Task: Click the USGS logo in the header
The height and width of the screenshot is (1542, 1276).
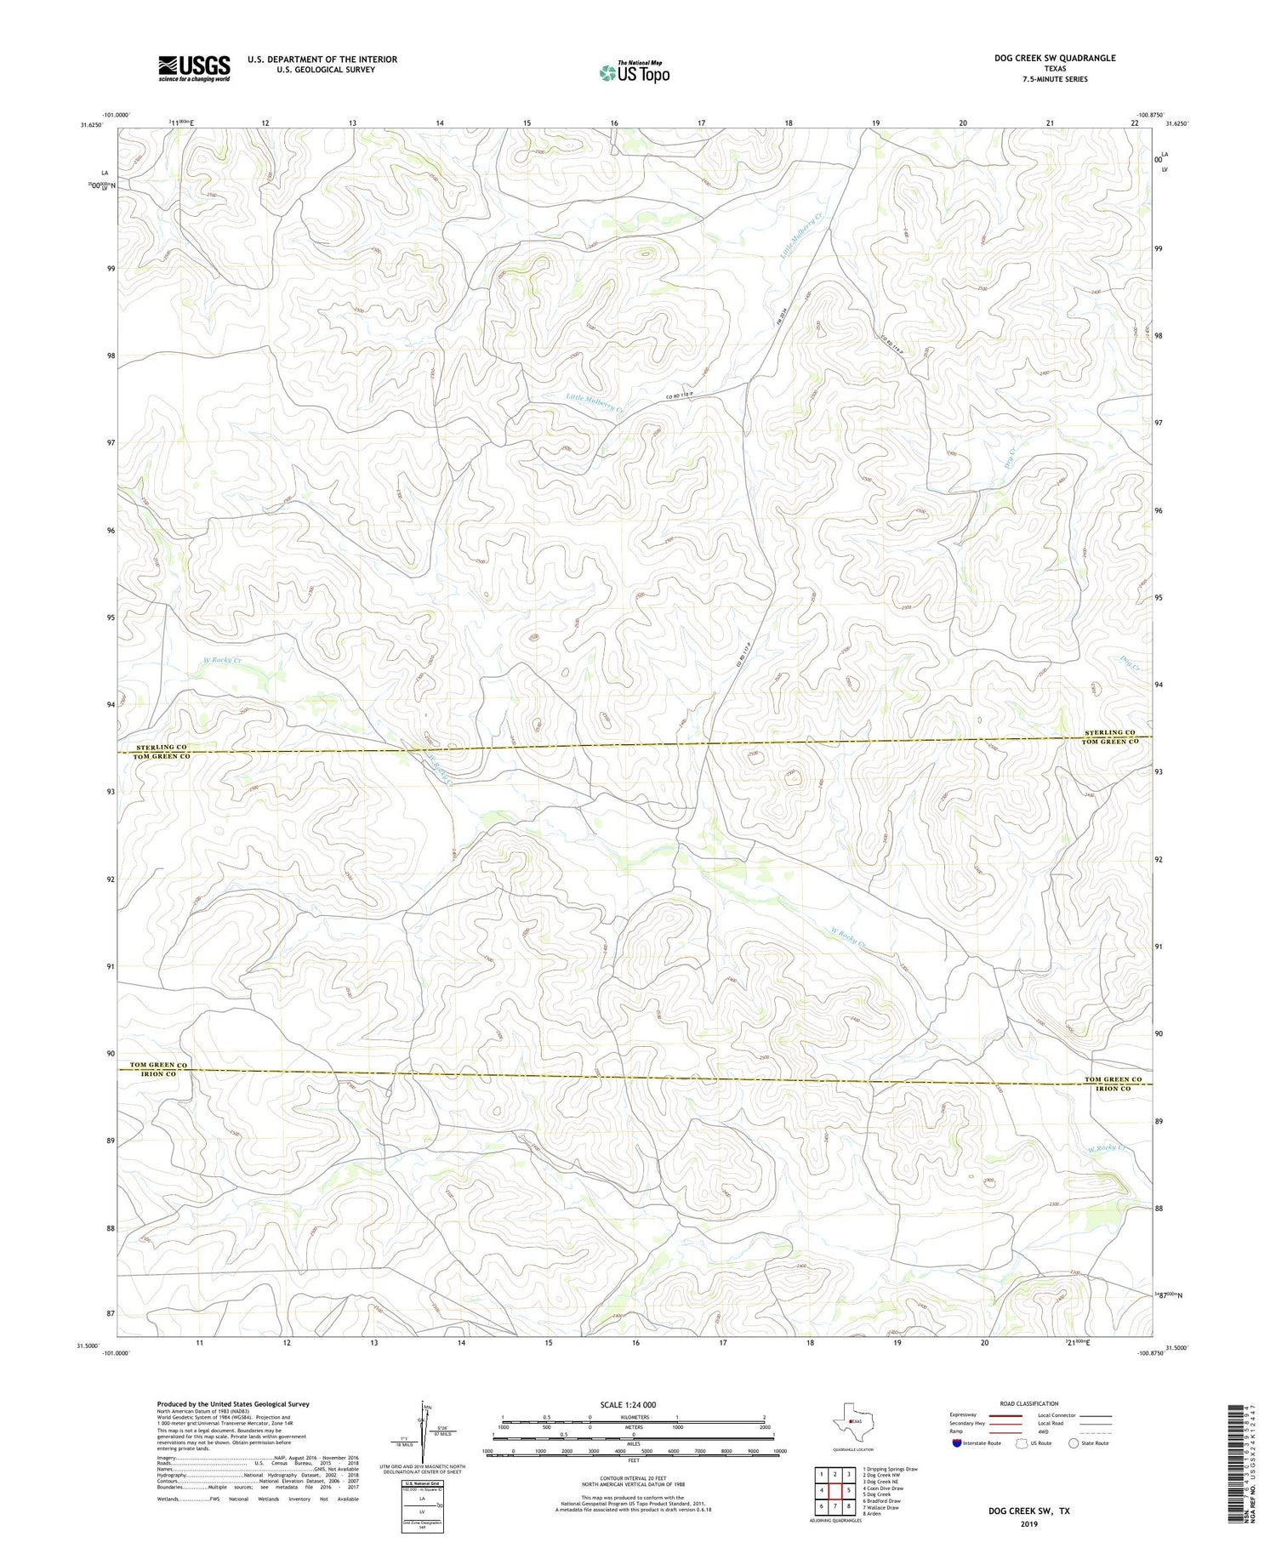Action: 194,68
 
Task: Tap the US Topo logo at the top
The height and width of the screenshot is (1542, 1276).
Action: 635,73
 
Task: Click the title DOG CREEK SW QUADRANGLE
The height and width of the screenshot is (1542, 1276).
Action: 1054,58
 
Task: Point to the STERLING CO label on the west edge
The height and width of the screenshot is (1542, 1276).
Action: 160,747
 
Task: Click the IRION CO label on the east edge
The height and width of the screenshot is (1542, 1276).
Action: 1113,1089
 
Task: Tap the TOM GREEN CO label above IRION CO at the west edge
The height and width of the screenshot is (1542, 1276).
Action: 158,1065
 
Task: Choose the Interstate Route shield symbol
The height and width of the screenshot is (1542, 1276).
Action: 957,1442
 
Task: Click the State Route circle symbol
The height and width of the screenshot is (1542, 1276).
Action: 1074,1442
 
